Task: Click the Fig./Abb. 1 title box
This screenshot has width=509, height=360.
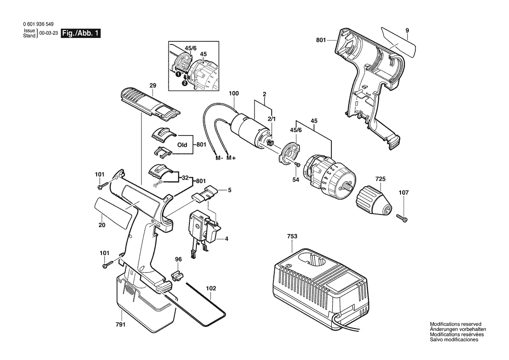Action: click(81, 33)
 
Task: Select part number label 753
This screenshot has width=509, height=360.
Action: click(292, 236)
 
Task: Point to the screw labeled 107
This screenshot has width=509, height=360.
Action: click(402, 218)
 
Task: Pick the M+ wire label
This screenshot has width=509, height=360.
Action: click(231, 158)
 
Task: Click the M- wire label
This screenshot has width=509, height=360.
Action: click(219, 158)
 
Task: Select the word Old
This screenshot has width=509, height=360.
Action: click(182, 145)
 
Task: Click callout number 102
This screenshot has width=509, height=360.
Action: click(211, 288)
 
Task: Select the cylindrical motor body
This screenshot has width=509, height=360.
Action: click(249, 127)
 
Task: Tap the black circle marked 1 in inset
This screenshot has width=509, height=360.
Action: click(178, 75)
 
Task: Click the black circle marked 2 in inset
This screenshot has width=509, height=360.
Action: click(184, 83)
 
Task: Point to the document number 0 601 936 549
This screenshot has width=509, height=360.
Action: click(39, 24)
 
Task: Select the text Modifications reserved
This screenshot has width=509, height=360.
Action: click(455, 324)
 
